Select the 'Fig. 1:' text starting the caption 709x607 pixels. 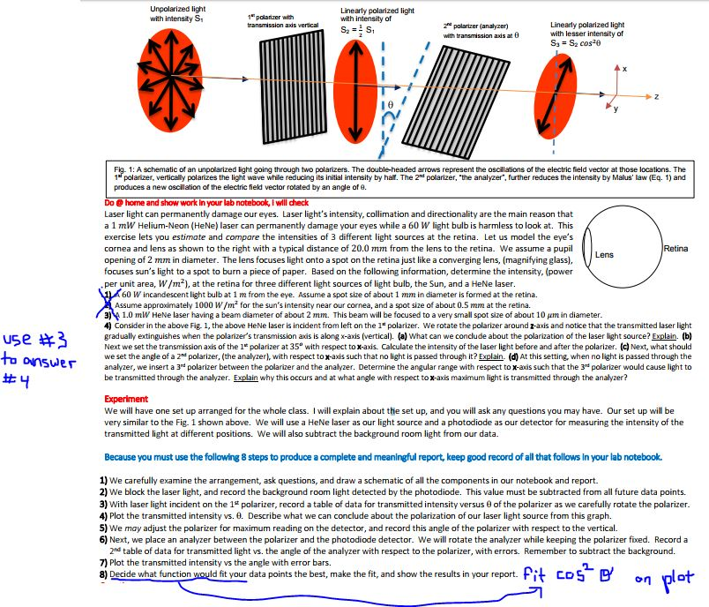(x=125, y=169)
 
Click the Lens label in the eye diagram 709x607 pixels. (x=604, y=255)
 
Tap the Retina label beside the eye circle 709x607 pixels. (x=675, y=250)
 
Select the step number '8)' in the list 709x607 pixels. (x=104, y=573)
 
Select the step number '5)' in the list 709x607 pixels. (x=104, y=527)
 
